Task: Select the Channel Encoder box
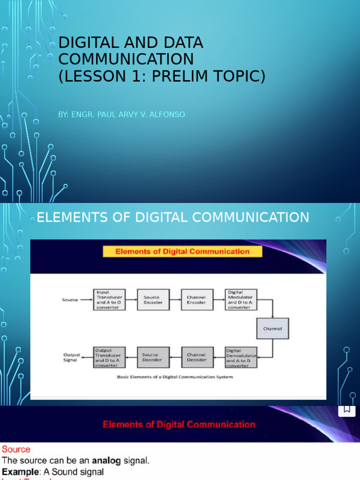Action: tap(196, 300)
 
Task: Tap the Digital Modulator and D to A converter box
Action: tap(240, 300)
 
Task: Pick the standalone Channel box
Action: tap(272, 329)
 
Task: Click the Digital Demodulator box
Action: tap(241, 358)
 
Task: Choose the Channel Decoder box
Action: tap(196, 358)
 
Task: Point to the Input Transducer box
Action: tap(109, 300)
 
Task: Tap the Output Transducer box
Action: tap(109, 358)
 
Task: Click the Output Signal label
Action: tap(72, 358)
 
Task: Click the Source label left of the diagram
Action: tap(70, 300)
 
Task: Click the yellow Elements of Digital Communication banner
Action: tap(182, 252)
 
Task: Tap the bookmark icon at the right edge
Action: tap(347, 409)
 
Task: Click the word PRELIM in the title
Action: tap(197, 75)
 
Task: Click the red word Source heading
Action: tap(16, 449)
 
